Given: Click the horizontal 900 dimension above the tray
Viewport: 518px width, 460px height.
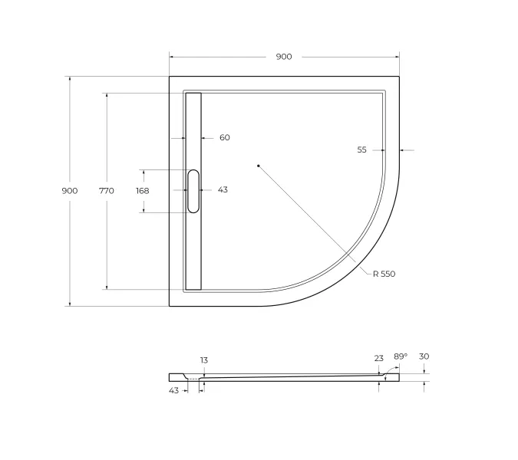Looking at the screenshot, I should tap(284, 57).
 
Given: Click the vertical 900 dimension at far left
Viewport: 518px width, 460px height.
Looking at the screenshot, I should tap(69, 191).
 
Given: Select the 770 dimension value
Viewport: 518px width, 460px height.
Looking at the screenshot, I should tap(106, 191).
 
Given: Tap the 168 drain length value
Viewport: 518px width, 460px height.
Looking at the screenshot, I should tap(142, 191).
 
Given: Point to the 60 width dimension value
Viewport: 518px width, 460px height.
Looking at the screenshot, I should tap(224, 138).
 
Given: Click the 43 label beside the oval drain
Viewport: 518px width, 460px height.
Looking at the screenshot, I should tap(223, 190).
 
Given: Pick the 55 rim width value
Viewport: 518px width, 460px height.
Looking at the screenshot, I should tap(361, 150).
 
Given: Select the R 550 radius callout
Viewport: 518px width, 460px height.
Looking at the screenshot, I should tap(384, 274).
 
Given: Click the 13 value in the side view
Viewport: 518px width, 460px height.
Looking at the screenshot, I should tap(203, 360).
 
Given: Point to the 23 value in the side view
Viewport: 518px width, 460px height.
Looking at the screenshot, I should tap(378, 357).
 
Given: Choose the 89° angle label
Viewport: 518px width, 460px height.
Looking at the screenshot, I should tap(400, 356).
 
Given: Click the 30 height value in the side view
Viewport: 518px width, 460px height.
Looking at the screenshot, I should tap(424, 356).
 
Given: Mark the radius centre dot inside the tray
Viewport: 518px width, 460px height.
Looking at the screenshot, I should tap(259, 165).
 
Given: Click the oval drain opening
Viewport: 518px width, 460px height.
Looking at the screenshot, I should tap(193, 191).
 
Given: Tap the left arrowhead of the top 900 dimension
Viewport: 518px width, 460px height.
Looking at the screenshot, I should tap(172, 57).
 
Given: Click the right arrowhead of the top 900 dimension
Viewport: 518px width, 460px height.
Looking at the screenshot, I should tap(397, 57).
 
